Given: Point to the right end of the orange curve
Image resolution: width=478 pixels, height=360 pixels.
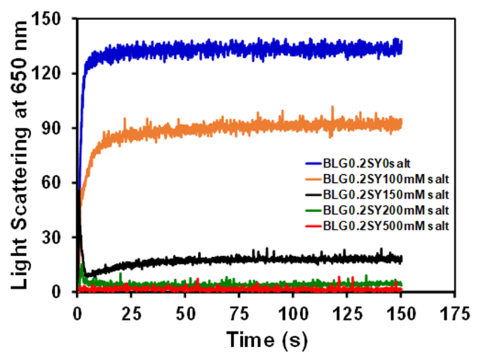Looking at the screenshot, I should (x=401, y=123).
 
